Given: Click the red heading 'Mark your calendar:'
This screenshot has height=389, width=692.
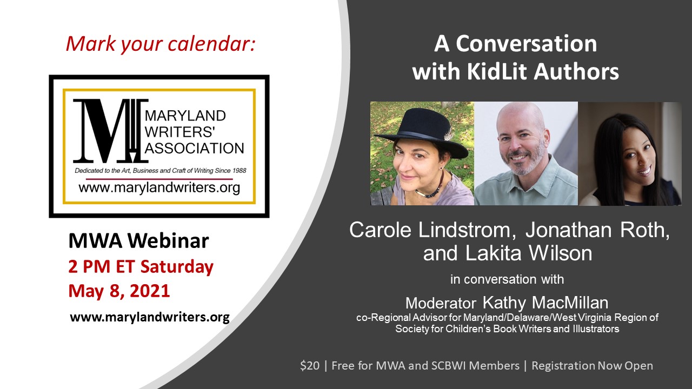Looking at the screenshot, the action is (x=161, y=44).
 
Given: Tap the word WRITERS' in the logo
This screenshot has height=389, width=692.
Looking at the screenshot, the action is (x=180, y=132).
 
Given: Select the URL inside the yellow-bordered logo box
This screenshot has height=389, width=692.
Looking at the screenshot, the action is (x=159, y=187).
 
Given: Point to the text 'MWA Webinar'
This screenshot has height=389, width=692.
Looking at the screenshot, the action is (x=138, y=241).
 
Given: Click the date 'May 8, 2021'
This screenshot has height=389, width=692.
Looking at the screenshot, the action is (x=119, y=291).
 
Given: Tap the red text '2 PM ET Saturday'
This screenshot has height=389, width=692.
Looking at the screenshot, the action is (x=141, y=267).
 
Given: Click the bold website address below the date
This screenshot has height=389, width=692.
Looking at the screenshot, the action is (x=150, y=317).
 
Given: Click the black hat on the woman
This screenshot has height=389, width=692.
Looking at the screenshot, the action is (x=423, y=133).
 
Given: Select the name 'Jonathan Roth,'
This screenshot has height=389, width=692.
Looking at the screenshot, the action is (x=597, y=230).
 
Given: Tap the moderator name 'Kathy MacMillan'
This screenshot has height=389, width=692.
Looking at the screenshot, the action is (x=545, y=303).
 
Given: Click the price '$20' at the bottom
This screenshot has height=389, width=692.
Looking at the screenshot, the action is (x=310, y=366).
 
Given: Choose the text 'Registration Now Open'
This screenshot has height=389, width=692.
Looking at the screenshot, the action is (x=592, y=366).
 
